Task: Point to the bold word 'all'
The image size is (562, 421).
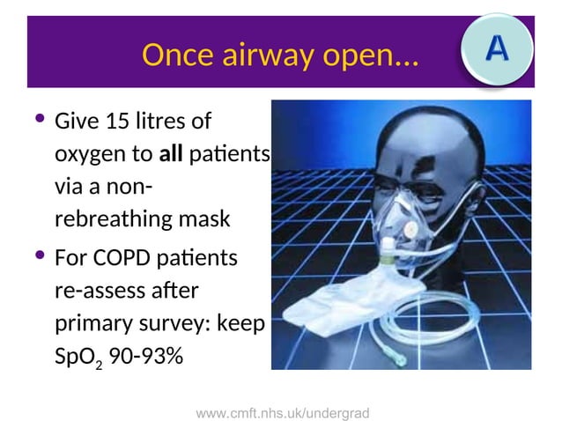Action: coord(171,156)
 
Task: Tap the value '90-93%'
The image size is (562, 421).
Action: coord(144,357)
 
